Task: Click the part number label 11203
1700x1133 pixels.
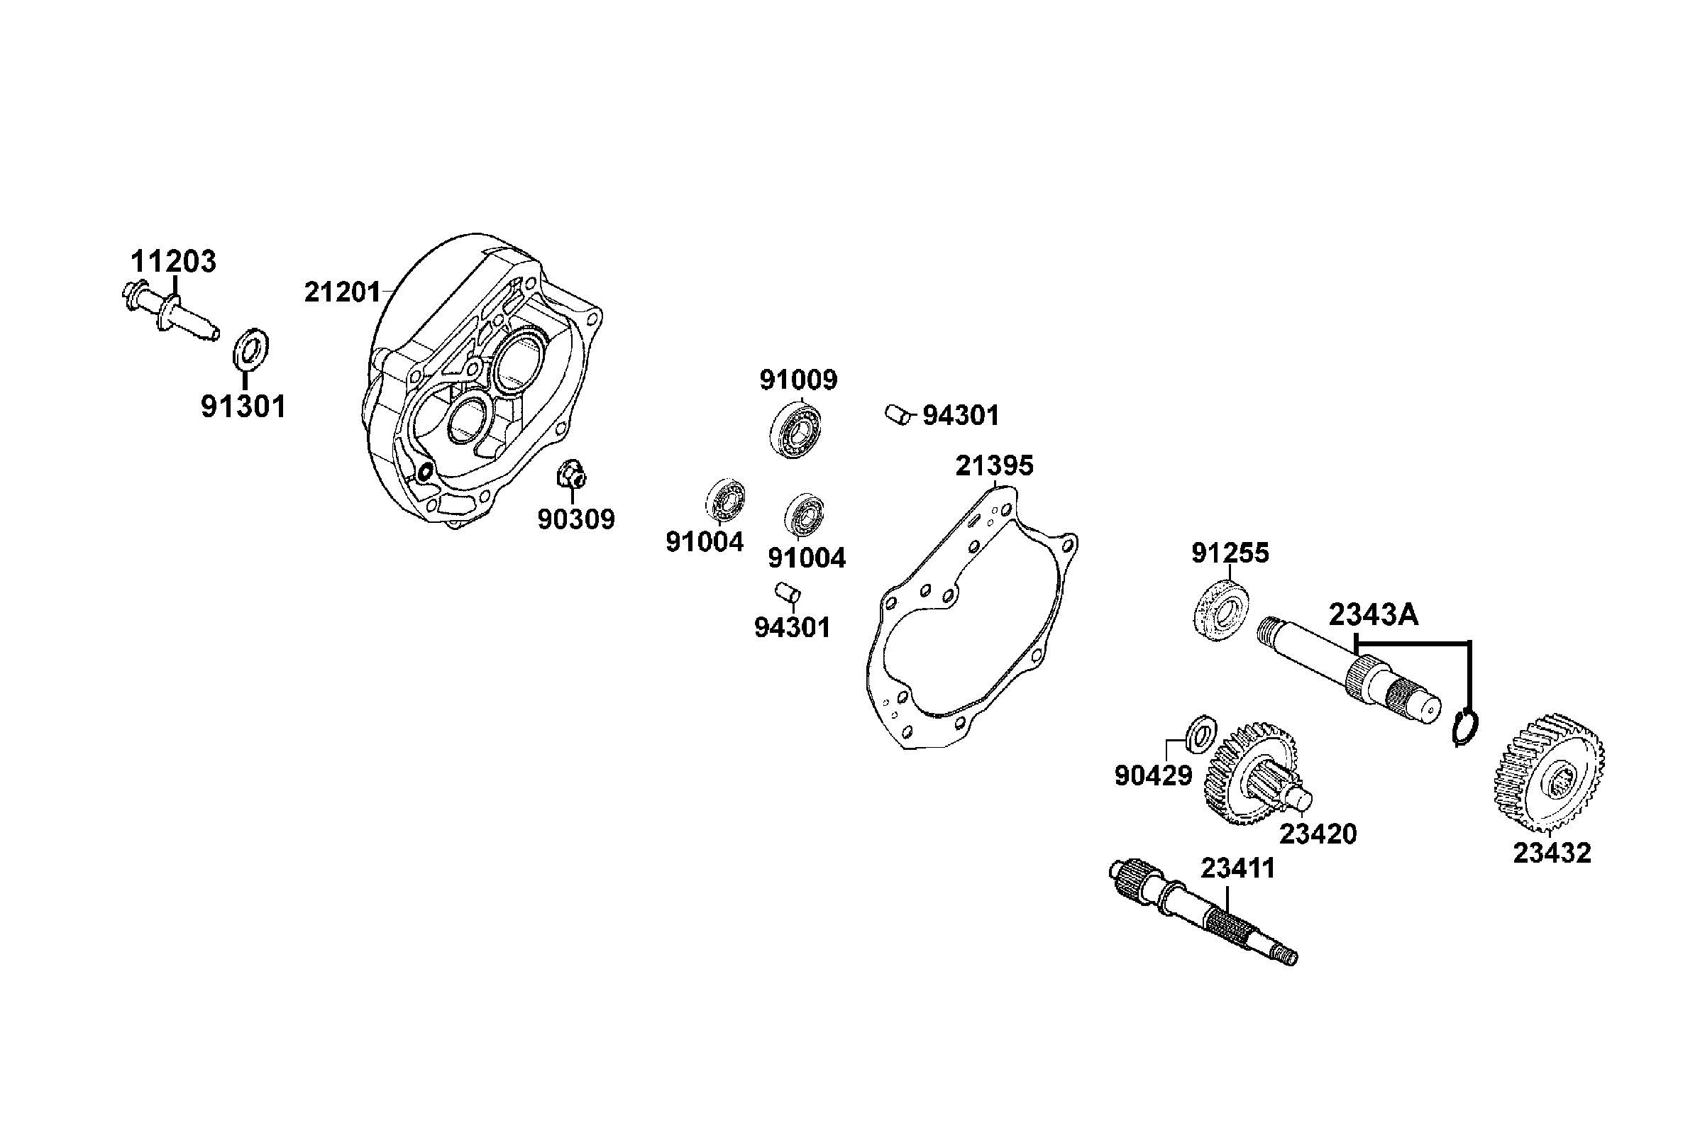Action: click(172, 262)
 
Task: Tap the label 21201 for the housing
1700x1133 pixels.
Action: click(341, 292)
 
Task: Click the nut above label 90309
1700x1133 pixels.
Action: click(571, 475)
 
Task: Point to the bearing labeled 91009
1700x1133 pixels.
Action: click(797, 431)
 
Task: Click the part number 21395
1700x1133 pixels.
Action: click(994, 466)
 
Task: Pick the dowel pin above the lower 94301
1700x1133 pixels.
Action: click(787, 593)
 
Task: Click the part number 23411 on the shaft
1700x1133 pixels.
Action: click(1237, 868)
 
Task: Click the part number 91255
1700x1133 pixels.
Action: click(1230, 553)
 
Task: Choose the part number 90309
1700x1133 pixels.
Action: click(576, 519)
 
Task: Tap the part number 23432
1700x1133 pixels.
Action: click(1552, 853)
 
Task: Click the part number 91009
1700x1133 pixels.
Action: click(797, 380)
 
